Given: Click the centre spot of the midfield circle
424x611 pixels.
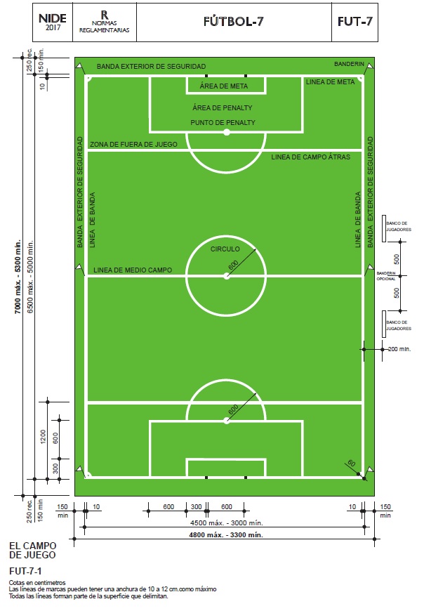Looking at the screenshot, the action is click(226, 276).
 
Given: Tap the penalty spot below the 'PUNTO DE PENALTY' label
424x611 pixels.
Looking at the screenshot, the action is click(226, 132).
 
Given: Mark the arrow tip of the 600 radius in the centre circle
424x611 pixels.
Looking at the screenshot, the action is click(256, 249).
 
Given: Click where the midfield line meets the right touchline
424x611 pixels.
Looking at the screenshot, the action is click(362, 276).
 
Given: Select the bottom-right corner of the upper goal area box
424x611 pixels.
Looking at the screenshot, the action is click(265, 93).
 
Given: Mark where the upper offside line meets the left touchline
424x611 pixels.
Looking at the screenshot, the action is click(87, 150).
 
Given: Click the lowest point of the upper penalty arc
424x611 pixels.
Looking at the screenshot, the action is click(226, 172).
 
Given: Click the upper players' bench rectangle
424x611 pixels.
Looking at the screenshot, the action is click(383, 228).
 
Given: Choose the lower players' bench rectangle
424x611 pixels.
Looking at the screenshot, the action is click(383, 324).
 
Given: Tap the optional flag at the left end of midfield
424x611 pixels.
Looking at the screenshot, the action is click(81, 270).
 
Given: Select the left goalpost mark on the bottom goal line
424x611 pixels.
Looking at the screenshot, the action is click(206, 477).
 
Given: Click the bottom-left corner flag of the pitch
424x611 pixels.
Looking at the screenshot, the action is click(81, 471).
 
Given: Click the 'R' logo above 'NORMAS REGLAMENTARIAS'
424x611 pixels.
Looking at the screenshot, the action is click(105, 15).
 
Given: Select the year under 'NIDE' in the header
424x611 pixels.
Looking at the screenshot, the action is click(53, 27).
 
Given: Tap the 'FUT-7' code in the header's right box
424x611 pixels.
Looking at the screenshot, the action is click(355, 21).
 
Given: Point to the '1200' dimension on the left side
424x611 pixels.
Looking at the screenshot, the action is click(44, 436).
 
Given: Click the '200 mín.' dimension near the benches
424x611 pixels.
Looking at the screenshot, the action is click(399, 349).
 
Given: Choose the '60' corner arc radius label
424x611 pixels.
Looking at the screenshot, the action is click(351, 463).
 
